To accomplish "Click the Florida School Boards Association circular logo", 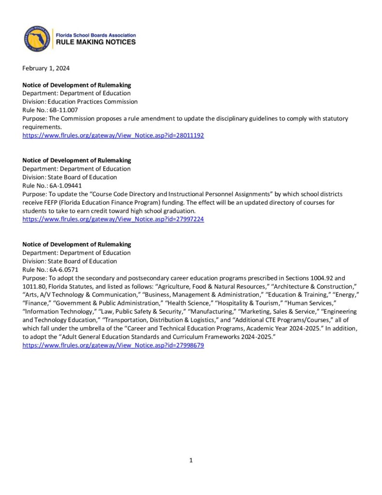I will point(37,39).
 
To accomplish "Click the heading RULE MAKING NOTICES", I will point(96,42).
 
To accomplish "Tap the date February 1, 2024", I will point(46,68).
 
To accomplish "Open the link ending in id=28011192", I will point(113,136).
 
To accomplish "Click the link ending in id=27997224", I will point(113,219).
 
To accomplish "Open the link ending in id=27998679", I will point(113,346).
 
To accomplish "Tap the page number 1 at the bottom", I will point(191,460).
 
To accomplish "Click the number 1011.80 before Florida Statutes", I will point(36,287).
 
